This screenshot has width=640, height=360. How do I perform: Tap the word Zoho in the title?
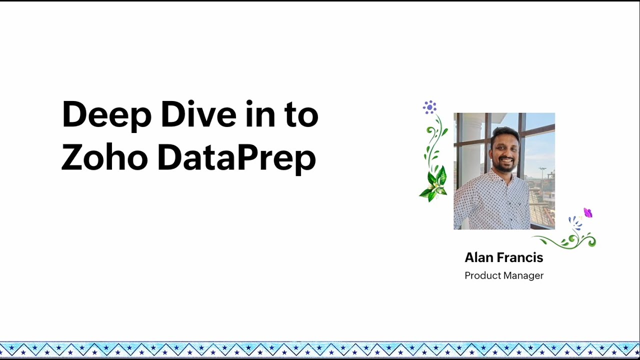tap(104, 157)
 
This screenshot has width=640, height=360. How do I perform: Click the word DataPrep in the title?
tap(236, 158)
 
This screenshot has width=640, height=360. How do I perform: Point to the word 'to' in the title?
tap(301, 115)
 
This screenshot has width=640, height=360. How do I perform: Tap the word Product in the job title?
tap(482, 275)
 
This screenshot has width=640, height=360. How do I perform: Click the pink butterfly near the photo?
tap(588, 213)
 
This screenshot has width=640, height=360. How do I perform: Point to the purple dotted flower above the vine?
tap(429, 106)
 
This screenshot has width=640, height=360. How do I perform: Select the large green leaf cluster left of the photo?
tap(434, 183)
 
